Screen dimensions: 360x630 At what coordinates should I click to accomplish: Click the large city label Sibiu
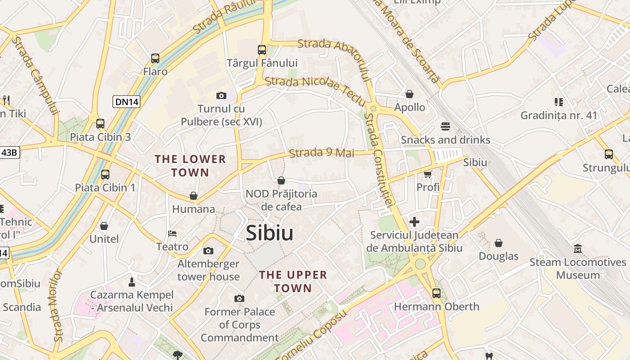[270, 233]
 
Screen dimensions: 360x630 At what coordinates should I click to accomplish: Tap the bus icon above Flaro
[155, 58]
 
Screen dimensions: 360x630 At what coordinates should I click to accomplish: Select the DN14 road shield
[126, 102]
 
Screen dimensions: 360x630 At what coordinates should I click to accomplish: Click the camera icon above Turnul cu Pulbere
[221, 95]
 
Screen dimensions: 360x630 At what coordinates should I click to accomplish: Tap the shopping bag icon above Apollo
[409, 94]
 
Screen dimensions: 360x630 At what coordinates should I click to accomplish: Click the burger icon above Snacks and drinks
[445, 126]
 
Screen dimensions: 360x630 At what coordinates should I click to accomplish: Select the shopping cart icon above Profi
[427, 174]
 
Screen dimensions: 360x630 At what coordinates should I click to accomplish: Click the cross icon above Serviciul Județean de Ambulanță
[414, 222]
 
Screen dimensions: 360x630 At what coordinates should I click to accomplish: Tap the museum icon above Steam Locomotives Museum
[578, 248]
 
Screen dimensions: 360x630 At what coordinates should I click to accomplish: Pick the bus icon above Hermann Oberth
[436, 293]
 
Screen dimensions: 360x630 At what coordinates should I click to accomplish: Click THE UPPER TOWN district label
[293, 281]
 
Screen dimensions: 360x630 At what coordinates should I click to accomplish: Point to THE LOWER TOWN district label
[190, 166]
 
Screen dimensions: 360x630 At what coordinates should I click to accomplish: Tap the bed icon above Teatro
[172, 234]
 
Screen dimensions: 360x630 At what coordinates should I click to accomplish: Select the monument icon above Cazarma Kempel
[131, 282]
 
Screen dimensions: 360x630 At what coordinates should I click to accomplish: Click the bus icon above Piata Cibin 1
[105, 174]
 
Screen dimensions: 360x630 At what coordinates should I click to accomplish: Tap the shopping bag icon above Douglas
[499, 243]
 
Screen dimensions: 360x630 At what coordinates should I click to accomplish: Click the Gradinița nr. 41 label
[559, 115]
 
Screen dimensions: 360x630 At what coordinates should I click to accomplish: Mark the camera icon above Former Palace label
[239, 298]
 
